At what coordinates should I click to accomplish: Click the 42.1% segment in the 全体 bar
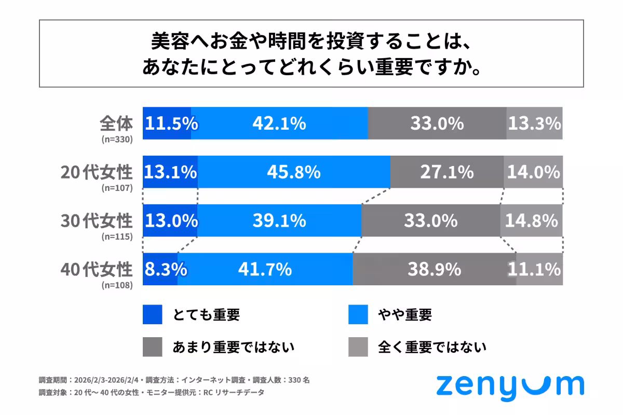279,123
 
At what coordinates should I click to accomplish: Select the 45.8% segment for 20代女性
294,172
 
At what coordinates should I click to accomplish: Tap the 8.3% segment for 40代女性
160,269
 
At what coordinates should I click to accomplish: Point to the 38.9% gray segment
434,269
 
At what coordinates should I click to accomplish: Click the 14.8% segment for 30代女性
532,220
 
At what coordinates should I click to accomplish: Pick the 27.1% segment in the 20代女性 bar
446,172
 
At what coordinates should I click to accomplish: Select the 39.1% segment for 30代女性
279,220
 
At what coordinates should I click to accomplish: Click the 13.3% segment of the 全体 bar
534,123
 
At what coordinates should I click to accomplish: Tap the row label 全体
116,123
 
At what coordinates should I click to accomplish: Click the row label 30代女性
97,220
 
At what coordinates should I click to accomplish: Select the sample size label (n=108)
117,285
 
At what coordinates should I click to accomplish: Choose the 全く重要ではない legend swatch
358,347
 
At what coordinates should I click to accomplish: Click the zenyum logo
510,386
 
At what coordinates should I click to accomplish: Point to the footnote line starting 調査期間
174,380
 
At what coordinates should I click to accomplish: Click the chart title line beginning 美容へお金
311,40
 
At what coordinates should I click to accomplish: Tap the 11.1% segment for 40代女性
539,269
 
